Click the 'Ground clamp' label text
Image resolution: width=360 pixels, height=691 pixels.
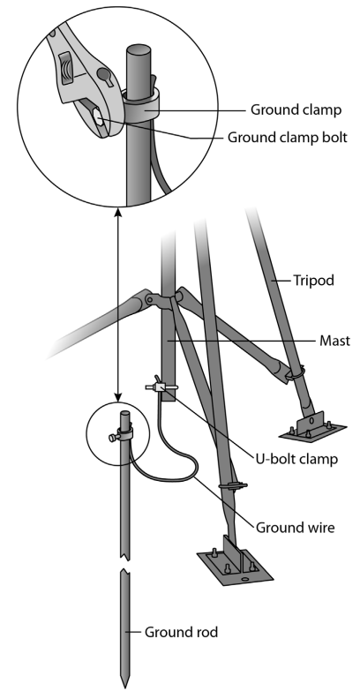click(296, 109)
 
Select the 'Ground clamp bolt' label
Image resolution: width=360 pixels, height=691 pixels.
click(288, 138)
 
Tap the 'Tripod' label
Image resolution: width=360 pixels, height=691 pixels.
click(314, 281)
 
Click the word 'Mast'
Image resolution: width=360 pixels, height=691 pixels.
click(335, 341)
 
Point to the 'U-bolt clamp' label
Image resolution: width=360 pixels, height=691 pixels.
click(296, 459)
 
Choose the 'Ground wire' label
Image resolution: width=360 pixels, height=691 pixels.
click(296, 528)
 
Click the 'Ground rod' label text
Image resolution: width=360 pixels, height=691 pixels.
click(181, 633)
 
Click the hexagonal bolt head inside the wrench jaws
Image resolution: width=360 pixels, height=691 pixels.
click(98, 117)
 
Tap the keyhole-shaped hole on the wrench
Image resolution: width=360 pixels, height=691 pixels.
click(105, 76)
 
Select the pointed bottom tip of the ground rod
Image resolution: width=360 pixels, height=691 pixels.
click(124, 687)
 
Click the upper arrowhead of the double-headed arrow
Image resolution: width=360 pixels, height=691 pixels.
click(117, 212)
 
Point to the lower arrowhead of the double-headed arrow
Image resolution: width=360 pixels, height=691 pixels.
click(117, 397)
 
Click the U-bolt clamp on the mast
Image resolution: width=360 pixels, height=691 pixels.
click(161, 387)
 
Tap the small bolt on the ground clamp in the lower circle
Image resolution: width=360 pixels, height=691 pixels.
click(113, 438)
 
